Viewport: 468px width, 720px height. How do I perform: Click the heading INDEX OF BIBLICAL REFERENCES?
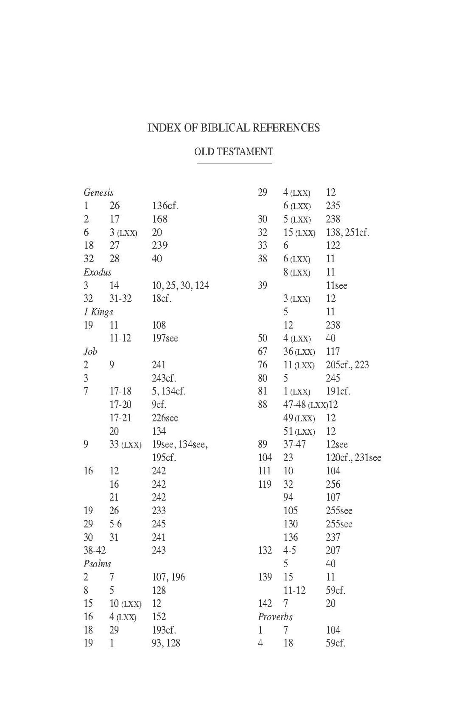click(234, 127)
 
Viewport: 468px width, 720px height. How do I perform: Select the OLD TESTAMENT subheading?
click(234, 152)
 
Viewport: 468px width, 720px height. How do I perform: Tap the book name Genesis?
click(98, 193)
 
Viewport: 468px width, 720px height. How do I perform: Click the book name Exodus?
click(97, 272)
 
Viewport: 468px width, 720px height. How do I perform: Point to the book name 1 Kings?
click(98, 312)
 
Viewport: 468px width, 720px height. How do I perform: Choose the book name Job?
click(90, 351)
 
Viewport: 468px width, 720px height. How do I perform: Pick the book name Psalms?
click(97, 564)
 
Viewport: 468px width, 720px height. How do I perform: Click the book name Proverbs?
click(275, 617)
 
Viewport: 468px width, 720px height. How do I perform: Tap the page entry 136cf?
click(166, 206)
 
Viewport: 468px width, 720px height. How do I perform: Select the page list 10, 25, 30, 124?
click(180, 285)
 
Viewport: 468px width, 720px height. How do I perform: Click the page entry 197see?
click(165, 338)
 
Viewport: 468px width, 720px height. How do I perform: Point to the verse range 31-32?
click(120, 299)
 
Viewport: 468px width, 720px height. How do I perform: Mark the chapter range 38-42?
click(95, 550)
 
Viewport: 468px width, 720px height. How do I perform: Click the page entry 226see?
click(165, 418)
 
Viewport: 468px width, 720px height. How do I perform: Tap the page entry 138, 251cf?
click(348, 233)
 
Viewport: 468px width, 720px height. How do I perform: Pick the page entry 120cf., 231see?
click(353, 458)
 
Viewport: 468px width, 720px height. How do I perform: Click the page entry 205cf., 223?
click(347, 365)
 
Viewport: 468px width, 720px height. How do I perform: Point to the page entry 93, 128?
click(166, 643)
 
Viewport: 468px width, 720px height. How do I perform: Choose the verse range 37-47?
click(294, 445)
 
